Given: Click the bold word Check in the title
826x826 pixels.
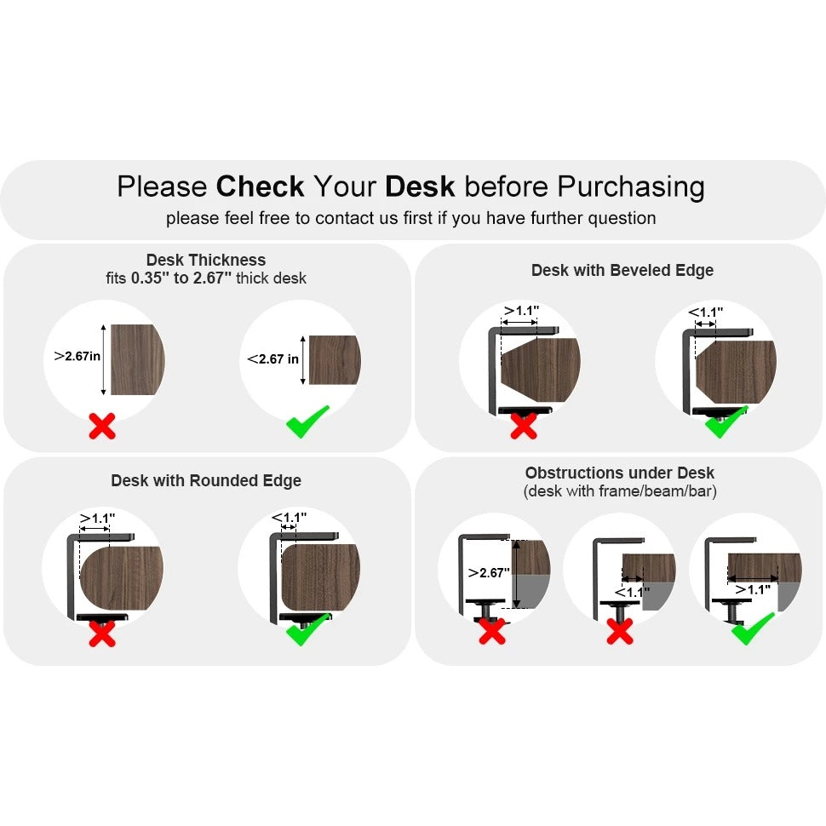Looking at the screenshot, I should click(260, 186).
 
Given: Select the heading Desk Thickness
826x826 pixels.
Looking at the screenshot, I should click(206, 260).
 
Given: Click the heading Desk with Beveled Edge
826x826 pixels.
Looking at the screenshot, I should click(622, 270).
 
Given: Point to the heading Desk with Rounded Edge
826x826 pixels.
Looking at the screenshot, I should click(206, 480).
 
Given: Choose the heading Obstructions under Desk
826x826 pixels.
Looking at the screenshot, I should click(619, 473).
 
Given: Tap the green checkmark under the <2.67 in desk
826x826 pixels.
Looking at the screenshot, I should click(307, 422).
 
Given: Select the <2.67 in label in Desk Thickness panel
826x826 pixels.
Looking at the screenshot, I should click(273, 359).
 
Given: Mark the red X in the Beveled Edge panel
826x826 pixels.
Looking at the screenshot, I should click(523, 424).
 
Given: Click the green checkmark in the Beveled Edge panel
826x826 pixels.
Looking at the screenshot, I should click(725, 422).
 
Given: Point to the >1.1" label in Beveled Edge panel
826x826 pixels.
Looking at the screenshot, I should click(521, 311).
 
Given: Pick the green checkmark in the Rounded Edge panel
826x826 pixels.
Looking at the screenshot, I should click(307, 629).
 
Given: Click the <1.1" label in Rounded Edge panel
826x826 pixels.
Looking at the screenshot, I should click(289, 517).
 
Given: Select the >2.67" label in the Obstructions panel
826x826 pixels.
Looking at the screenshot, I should click(489, 572).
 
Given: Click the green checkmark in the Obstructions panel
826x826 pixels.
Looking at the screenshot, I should click(752, 628).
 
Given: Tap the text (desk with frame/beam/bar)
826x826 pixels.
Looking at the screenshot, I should click(619, 491).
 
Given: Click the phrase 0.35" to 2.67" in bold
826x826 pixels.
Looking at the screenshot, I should click(181, 278).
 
